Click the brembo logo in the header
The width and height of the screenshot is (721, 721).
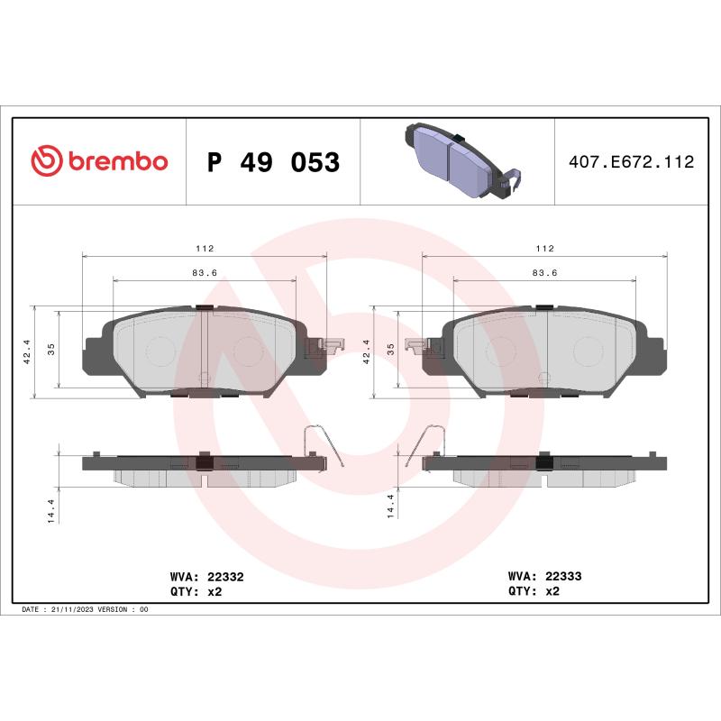(99, 162)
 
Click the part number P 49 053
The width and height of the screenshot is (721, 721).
(273, 163)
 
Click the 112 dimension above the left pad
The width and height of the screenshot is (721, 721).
(205, 248)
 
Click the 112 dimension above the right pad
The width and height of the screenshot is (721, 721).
(544, 248)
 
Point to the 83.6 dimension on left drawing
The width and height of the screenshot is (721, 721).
(205, 273)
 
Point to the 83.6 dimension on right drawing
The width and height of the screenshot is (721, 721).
(544, 273)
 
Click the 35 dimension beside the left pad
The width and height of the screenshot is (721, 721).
(51, 351)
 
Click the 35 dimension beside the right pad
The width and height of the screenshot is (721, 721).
(391, 351)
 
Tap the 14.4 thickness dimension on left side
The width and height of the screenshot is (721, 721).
(52, 509)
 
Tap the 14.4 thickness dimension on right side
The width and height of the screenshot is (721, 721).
(391, 509)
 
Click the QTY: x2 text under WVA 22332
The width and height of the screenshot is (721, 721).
(196, 591)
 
